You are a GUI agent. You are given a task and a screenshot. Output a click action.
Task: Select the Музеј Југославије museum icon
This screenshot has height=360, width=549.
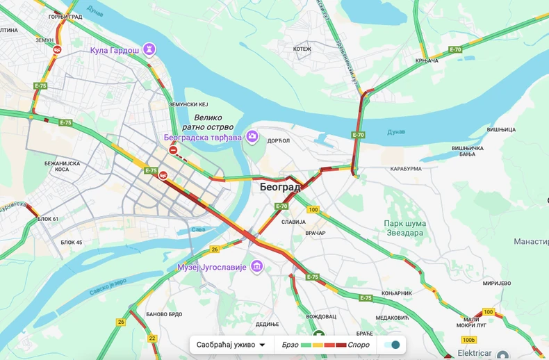[257, 266]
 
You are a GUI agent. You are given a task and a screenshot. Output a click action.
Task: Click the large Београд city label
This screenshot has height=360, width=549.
[280, 188]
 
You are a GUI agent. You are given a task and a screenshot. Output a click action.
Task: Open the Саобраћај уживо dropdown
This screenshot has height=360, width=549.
[231, 345]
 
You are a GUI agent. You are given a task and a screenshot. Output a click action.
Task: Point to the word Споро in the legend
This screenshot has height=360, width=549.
[359, 345]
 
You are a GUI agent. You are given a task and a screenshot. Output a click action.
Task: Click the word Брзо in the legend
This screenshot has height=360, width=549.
[291, 345]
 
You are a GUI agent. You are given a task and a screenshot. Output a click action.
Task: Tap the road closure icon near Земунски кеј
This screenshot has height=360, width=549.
[173, 150]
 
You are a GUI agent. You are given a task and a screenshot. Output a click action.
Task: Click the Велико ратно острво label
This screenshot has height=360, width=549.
[209, 122]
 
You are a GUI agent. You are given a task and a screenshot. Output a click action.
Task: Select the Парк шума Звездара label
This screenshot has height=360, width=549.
[405, 228]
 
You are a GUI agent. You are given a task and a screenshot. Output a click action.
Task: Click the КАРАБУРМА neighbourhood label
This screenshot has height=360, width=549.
[406, 169]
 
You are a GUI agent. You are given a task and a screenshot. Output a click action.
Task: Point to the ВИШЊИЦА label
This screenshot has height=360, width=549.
[501, 130]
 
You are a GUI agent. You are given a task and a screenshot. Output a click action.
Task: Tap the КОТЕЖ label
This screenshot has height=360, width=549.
[302, 49]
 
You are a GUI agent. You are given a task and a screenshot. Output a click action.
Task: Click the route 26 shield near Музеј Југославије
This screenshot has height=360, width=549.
[215, 249]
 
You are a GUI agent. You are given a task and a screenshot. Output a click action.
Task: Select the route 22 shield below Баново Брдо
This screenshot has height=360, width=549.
[151, 338]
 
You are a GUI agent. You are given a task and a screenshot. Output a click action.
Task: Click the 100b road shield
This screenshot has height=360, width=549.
[469, 340]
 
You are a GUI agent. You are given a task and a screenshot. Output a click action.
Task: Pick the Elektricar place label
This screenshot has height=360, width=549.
[475, 353]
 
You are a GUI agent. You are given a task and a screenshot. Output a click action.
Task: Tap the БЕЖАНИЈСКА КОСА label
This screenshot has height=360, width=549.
[63, 166]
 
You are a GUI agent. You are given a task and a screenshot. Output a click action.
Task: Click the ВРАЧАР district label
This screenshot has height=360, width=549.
[315, 233]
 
